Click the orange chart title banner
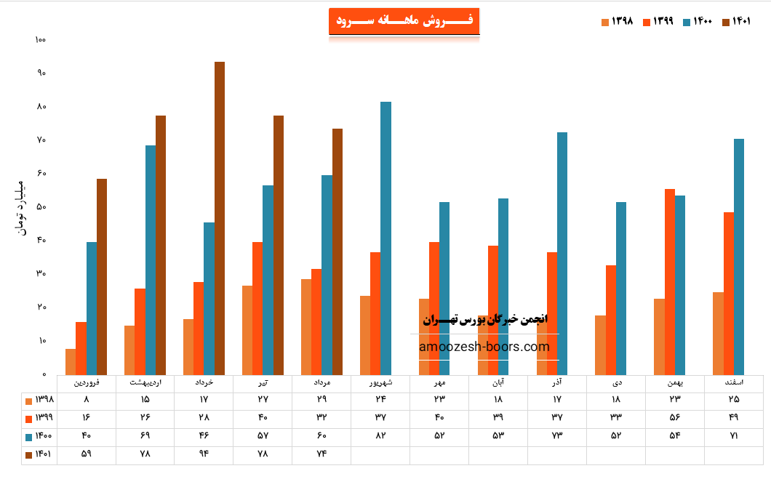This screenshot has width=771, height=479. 404,21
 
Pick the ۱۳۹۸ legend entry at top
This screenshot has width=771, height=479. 617,22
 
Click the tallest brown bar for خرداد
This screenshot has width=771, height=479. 220,218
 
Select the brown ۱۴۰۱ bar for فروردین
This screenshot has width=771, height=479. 102,276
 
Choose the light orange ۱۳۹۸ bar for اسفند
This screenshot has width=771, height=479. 718,333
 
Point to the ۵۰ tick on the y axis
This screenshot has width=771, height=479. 41,206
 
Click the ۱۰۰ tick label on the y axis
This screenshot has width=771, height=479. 41,39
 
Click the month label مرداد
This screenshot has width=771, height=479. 321,382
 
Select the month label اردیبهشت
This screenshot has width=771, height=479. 145,382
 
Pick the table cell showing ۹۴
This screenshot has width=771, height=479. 204,454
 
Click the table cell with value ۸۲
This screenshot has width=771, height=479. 380,436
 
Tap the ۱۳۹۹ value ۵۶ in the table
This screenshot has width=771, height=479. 675,418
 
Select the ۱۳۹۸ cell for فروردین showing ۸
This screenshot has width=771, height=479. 87,400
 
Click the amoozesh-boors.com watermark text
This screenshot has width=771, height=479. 484,347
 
